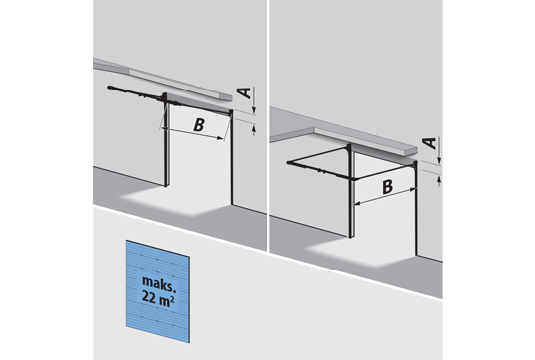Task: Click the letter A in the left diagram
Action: [x=244, y=92]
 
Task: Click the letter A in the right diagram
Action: [x=430, y=143]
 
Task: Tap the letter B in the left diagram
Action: [x=199, y=125]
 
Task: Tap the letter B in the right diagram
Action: [x=387, y=187]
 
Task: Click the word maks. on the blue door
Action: [x=159, y=283]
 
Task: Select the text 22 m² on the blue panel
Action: [x=159, y=298]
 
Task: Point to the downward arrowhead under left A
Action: [x=254, y=109]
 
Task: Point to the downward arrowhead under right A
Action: [x=440, y=160]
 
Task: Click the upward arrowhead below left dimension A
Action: [x=254, y=128]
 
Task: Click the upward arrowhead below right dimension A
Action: [x=440, y=178]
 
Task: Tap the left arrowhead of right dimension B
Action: [x=358, y=204]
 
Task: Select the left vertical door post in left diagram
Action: [x=166, y=140]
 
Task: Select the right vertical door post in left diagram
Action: [x=232, y=157]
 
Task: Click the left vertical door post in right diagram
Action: [x=351, y=191]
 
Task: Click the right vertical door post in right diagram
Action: [x=416, y=208]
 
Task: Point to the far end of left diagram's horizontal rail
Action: [x=109, y=88]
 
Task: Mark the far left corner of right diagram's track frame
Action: [x=289, y=163]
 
